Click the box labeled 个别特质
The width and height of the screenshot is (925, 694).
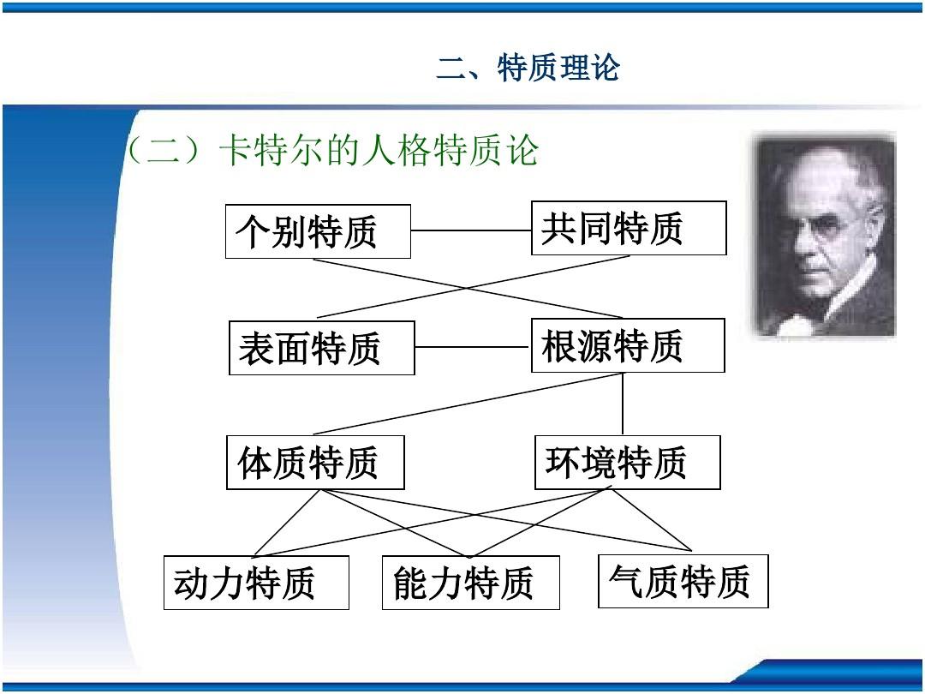tap(318, 231)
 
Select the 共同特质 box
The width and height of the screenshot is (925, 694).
tap(629, 228)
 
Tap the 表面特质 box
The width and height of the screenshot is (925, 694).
tap(322, 348)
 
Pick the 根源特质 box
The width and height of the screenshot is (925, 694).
tap(628, 345)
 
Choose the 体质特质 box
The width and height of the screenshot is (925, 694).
tap(315, 463)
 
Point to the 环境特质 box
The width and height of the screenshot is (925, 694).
tap(628, 463)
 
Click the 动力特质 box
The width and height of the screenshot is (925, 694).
tap(256, 583)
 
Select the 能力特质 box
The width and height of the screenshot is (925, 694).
tap(470, 583)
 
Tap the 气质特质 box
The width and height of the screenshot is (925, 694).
tap(683, 581)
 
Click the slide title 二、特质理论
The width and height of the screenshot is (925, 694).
tap(528, 68)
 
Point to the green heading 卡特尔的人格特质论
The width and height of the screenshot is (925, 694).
tap(379, 151)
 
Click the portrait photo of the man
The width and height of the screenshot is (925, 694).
tap(824, 236)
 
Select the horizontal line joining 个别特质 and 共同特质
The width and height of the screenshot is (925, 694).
tap(471, 230)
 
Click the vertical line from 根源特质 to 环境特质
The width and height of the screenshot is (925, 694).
tap(623, 404)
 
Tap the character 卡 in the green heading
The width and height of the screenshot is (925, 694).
tap(236, 151)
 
